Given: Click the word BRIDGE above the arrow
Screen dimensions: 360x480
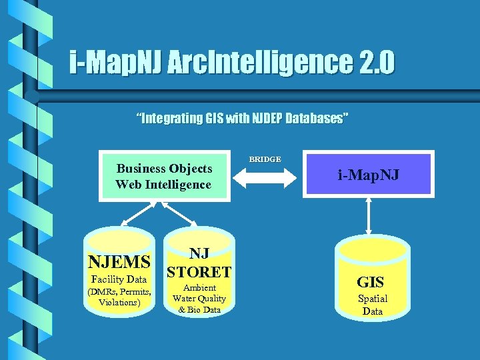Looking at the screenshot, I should pyautogui.click(x=265, y=159).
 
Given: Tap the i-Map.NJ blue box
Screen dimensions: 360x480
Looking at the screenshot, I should pyautogui.click(x=368, y=176).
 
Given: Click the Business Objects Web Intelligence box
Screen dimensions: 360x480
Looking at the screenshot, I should pyautogui.click(x=163, y=177).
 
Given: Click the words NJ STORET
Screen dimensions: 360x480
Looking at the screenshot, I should pyautogui.click(x=199, y=263).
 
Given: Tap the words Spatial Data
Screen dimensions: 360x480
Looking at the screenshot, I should pyautogui.click(x=372, y=305).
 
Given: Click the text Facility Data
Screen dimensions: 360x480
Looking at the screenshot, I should pyautogui.click(x=119, y=279).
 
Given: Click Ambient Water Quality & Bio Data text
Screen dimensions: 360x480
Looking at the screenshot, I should pyautogui.click(x=199, y=299).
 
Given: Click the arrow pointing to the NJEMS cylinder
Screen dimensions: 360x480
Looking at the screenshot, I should pyautogui.click(x=137, y=215).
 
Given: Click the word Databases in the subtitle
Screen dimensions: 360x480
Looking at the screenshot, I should pyautogui.click(x=316, y=119).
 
